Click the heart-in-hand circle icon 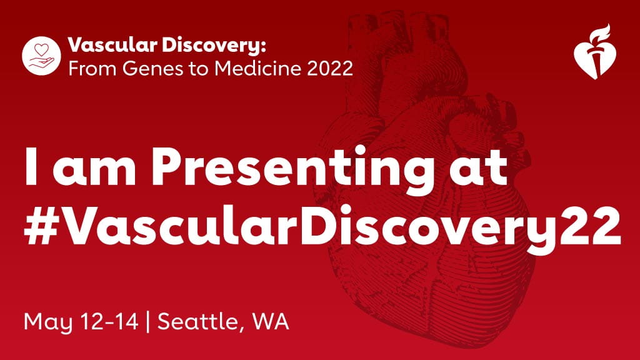[41, 54]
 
